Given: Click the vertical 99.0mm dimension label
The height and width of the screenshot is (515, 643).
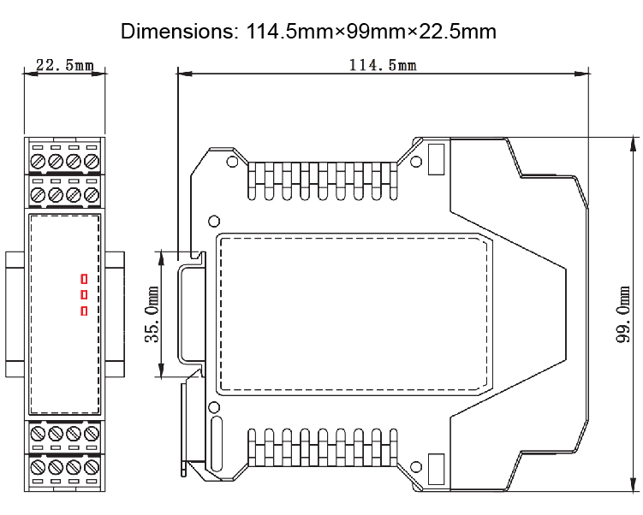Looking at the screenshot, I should point(623,334).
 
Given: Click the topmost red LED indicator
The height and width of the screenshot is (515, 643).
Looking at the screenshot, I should point(84,278).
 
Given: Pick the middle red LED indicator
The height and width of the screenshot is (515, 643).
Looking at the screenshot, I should point(84,294).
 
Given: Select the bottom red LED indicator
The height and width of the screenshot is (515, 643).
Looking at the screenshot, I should point(84,311).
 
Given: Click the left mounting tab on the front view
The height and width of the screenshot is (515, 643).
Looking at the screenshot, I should point(15,314).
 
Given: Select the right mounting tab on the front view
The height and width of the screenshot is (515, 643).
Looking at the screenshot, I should point(115,314).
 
